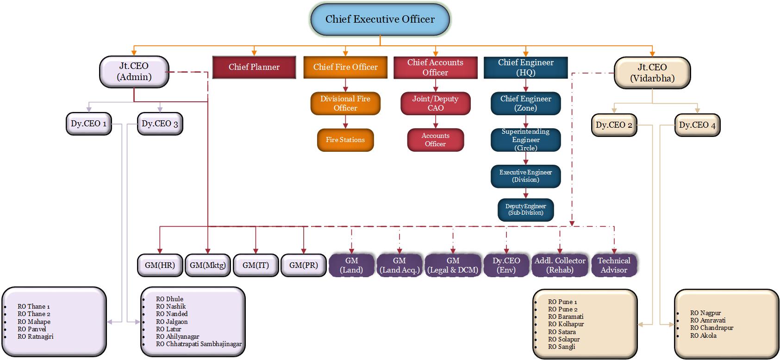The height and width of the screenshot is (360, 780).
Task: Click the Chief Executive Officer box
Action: (380, 19)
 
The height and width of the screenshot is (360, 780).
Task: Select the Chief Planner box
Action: (254, 67)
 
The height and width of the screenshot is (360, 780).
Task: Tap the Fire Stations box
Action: (345, 140)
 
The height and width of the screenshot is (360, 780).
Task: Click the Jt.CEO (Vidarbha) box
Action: (652, 73)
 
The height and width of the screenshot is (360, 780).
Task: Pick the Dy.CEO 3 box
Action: (160, 124)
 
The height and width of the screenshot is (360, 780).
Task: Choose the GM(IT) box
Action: (256, 265)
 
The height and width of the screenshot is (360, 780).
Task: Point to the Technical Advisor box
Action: (614, 265)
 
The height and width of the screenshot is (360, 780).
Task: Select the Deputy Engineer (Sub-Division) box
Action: (525, 210)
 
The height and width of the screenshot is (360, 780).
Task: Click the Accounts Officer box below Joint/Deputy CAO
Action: (435, 140)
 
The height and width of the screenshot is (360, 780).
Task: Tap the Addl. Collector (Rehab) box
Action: (560, 265)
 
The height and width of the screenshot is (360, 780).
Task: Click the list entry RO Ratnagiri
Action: (35, 336)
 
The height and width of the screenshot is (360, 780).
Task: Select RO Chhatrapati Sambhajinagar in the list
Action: (199, 344)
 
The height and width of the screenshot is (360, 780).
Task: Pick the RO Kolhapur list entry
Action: (566, 324)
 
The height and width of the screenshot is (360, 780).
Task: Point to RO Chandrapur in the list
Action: (711, 328)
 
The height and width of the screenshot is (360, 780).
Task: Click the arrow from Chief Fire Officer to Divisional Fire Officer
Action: (345, 86)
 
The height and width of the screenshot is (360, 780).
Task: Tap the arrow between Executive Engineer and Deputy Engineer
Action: (525, 193)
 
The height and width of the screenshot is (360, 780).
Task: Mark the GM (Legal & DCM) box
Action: (453, 265)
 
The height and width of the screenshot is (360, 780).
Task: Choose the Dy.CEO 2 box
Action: (614, 125)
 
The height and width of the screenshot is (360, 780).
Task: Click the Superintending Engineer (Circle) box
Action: (525, 140)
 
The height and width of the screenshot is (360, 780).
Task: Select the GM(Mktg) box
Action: (208, 265)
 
